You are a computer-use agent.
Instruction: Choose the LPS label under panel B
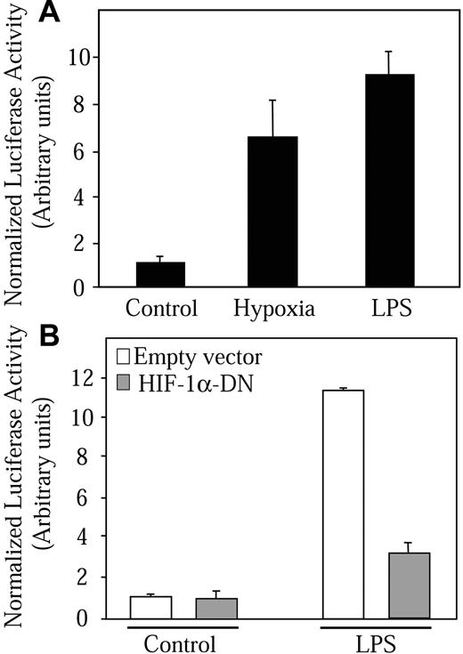(376, 642)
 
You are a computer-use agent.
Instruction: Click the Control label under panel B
(183, 642)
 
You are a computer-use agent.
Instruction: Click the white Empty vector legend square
(124, 358)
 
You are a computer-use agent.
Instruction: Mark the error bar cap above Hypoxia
(273, 101)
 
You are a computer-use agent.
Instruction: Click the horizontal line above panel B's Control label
(183, 626)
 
